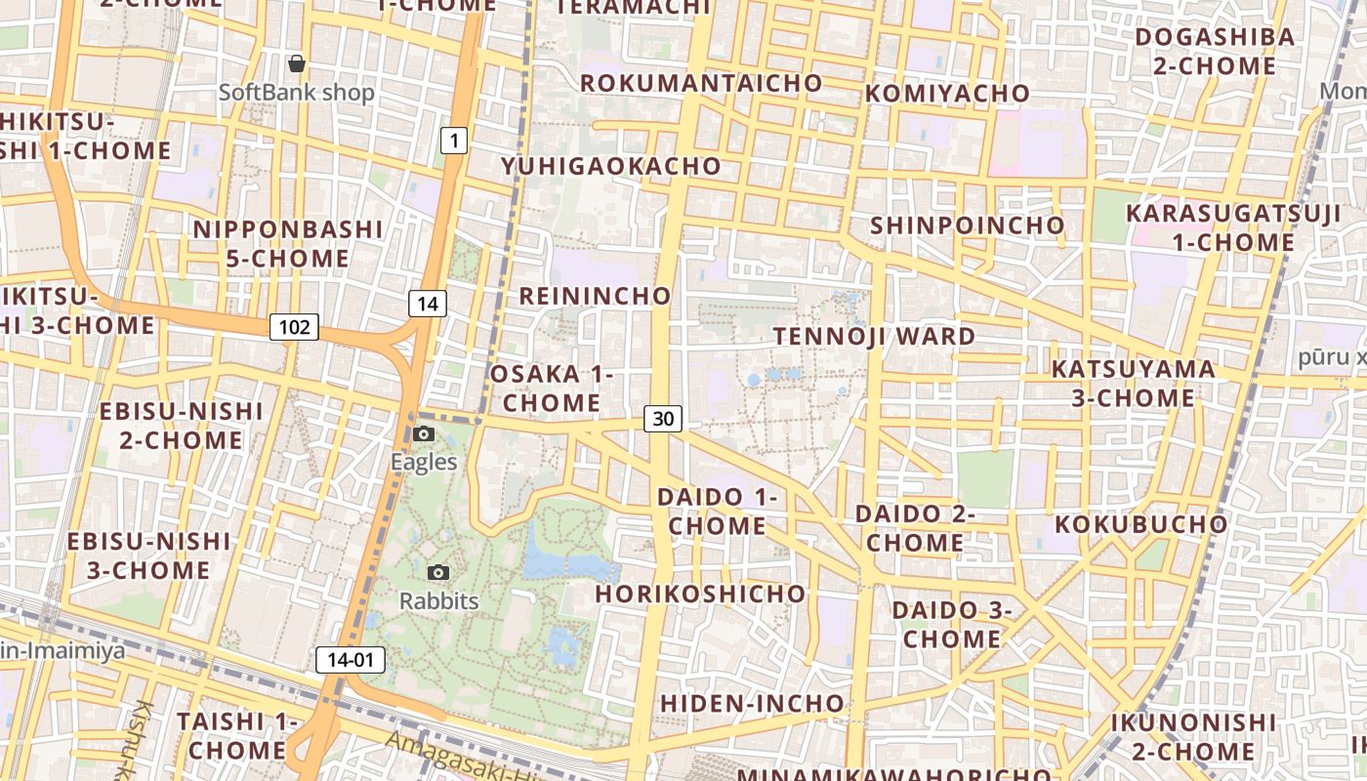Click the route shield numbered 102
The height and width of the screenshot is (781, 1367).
294,327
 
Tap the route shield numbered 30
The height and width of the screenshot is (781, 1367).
663,419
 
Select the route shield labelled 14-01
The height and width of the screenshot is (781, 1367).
351,660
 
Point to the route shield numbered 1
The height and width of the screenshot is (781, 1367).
453,141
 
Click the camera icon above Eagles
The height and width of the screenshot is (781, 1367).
424,433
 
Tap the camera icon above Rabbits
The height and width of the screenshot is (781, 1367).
438,572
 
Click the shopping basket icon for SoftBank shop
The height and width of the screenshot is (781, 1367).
297,63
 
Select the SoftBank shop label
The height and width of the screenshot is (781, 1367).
297,93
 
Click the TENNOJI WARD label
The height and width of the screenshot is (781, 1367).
874,337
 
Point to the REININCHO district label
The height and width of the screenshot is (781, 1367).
596,296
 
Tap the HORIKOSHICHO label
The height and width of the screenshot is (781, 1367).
701,594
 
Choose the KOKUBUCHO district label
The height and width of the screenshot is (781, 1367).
1141,524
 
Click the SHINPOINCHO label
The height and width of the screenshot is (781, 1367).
967,226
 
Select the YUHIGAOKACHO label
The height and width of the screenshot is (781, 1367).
611,166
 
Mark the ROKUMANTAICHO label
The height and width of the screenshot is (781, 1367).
701,83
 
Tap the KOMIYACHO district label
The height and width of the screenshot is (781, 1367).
947,94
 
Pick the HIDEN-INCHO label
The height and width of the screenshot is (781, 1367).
752,703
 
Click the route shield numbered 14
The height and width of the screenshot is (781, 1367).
428,304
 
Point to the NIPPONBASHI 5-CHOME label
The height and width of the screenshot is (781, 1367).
288,244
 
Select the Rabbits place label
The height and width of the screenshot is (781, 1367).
439,600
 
